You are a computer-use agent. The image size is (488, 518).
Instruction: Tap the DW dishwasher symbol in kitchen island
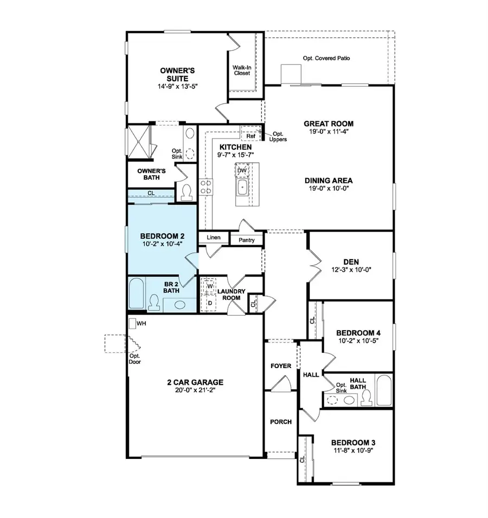tap(242, 171)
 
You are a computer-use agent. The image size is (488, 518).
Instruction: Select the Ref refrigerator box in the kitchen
tap(251, 136)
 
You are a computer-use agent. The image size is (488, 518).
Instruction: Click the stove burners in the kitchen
tap(207, 187)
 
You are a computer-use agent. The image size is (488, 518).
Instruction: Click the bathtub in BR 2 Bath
tap(137, 293)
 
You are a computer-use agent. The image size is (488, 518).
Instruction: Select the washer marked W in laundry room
tap(208, 286)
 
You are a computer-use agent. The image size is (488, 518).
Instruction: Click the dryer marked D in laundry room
tap(208, 302)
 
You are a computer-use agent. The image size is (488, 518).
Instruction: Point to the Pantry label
tap(247, 239)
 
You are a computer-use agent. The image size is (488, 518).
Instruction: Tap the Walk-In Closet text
tap(241, 70)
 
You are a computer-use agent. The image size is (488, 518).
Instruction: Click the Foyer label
tap(280, 366)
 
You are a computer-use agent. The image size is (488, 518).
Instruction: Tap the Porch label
tap(280, 422)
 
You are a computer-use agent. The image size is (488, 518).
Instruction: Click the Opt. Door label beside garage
tap(134, 359)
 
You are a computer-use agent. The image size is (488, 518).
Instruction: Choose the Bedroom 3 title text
tap(353, 442)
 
